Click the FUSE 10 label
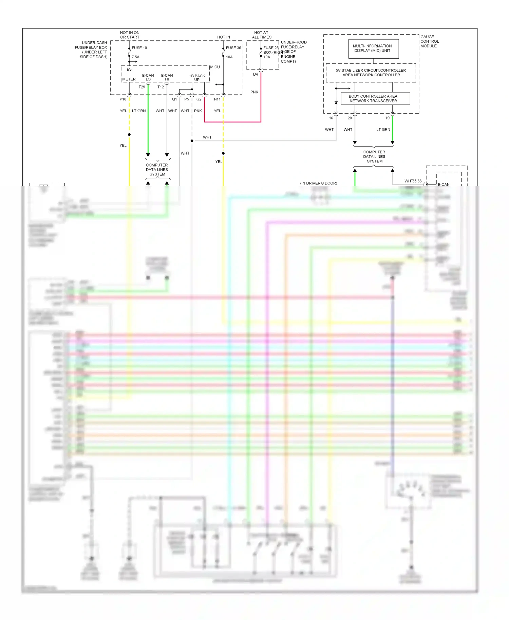point(139,48)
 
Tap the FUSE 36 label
point(233,48)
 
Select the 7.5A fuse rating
point(135,57)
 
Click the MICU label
point(215,67)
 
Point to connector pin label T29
point(142,87)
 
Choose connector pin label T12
point(161,87)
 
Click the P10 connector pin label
point(123,99)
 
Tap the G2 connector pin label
point(199,99)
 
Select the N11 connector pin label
point(217,99)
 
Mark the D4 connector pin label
point(256,74)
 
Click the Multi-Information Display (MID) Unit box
point(373,49)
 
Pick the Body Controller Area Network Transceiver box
point(375,98)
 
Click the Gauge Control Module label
point(429,41)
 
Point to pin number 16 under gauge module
point(331,118)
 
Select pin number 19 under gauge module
point(388,118)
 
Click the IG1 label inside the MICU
point(130,70)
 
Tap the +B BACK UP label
point(197,78)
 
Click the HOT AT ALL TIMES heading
point(261,35)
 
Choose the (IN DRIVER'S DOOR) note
point(318,183)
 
